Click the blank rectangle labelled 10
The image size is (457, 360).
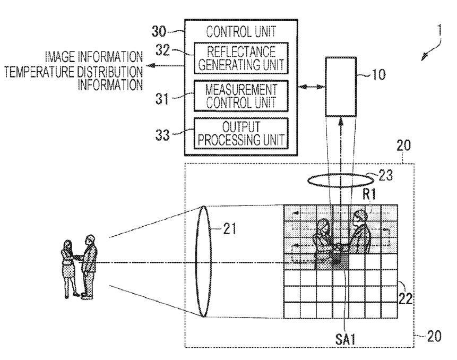pos(341,87)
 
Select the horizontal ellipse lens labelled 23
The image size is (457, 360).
pos(337,179)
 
